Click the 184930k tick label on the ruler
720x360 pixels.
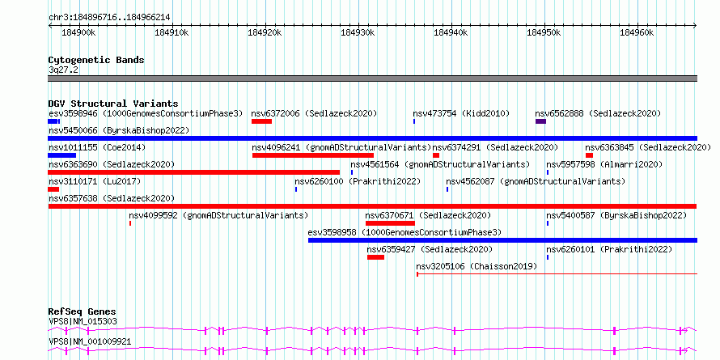(358, 32)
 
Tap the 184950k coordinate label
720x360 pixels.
(544, 32)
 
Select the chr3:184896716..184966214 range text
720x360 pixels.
(109, 18)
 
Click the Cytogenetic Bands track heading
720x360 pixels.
(96, 60)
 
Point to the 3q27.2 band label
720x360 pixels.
(63, 70)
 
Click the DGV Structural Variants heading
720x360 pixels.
(113, 104)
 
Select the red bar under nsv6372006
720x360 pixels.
(262, 121)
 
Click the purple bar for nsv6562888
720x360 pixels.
(541, 121)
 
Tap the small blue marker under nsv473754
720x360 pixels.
(414, 121)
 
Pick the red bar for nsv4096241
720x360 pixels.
(313, 155)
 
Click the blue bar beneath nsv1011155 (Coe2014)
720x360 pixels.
(62, 155)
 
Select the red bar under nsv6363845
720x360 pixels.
(589, 155)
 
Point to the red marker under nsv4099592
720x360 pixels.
(130, 223)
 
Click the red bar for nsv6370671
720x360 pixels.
(390, 223)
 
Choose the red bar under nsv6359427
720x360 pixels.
(375, 257)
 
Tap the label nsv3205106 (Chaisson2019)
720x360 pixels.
(476, 266)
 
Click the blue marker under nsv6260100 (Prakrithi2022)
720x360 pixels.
(296, 189)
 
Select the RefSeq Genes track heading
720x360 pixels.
(83, 311)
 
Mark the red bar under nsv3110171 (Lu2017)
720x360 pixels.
(53, 189)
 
